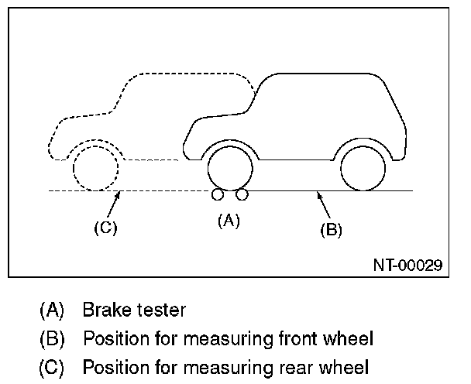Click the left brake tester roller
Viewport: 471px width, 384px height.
218,194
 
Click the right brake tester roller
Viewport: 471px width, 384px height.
242,194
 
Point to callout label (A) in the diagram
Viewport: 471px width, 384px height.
229,220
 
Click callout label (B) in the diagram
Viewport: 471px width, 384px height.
330,229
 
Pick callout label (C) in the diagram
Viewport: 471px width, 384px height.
105,228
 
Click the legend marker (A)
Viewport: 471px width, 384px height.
52,311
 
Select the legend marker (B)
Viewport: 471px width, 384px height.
52,338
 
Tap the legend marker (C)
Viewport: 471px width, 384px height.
52,365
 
